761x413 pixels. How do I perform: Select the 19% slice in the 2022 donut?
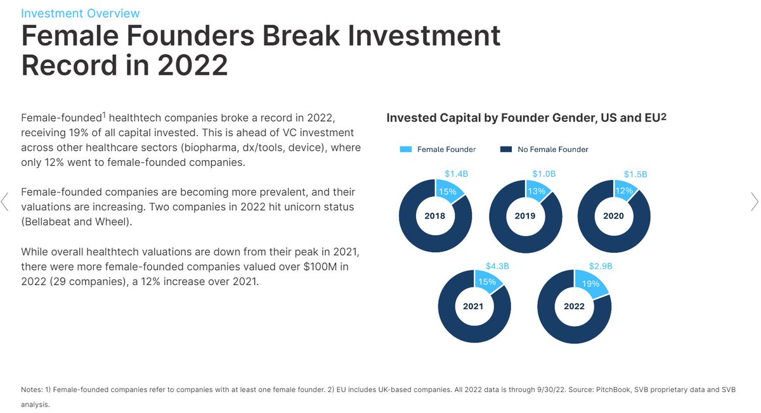click(x=590, y=284)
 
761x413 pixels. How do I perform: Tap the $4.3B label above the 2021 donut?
click(x=497, y=266)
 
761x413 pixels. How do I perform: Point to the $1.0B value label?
click(x=543, y=174)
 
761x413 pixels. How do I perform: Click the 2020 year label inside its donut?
click(x=613, y=216)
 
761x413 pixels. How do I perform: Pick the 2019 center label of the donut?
click(x=525, y=216)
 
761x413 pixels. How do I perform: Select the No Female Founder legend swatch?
click(x=505, y=149)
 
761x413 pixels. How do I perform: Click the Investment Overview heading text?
click(x=81, y=13)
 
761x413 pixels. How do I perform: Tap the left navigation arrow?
click(x=6, y=202)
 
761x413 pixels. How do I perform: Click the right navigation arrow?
click(x=754, y=202)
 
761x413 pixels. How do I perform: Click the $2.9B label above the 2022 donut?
click(x=601, y=266)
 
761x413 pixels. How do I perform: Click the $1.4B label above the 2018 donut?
click(x=455, y=174)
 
